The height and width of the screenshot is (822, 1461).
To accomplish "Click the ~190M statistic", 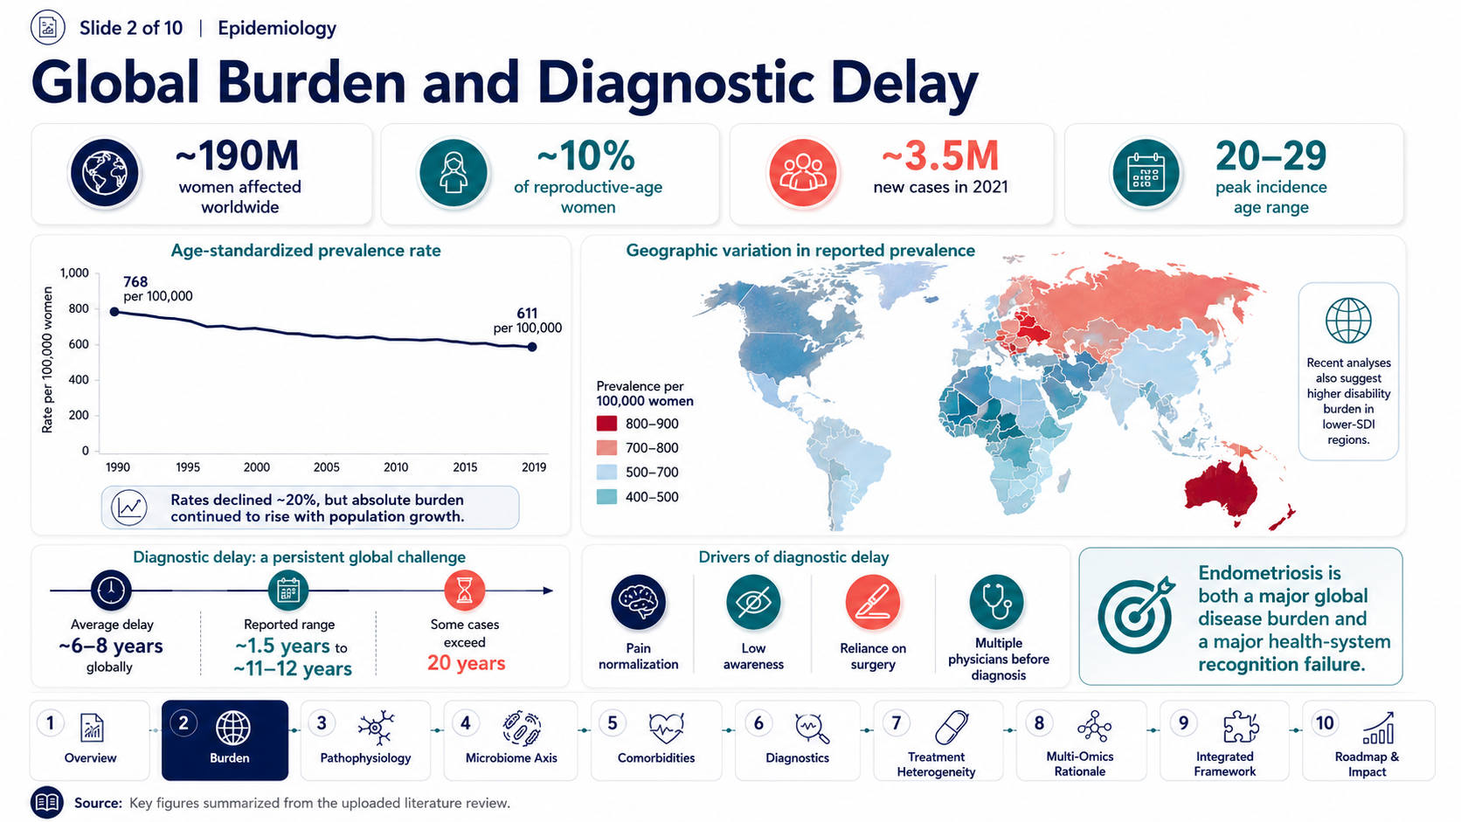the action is click(x=238, y=156).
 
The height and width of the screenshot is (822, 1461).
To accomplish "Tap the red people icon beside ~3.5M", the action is click(x=802, y=173).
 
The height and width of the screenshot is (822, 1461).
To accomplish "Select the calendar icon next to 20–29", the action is click(x=1146, y=173).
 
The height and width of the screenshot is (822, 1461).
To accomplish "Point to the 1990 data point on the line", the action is click(x=114, y=312).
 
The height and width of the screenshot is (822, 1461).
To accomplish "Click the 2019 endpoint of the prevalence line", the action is click(x=532, y=347).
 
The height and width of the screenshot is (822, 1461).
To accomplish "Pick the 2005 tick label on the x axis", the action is click(x=326, y=467).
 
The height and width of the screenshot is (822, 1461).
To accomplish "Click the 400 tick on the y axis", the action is click(x=79, y=380).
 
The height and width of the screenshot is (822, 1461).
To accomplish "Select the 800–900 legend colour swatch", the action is click(x=606, y=424).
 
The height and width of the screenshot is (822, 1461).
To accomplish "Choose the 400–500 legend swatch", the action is click(x=606, y=497).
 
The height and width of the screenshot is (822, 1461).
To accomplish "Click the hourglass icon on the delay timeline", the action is click(x=464, y=590).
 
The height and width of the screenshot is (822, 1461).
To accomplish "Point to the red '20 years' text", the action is click(x=467, y=664).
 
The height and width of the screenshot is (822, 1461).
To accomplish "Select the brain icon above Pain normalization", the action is click(x=638, y=602).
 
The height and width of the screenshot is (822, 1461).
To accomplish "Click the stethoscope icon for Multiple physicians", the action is click(x=997, y=602).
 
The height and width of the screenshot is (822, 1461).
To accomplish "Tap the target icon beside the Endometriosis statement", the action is click(x=1136, y=615).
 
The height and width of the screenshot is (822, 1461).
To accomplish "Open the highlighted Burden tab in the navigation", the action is click(x=225, y=740).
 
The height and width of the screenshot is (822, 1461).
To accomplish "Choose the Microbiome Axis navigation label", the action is click(x=511, y=758).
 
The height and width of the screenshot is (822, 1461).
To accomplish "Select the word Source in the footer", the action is click(x=98, y=803).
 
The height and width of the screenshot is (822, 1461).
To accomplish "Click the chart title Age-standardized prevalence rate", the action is click(x=306, y=251).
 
